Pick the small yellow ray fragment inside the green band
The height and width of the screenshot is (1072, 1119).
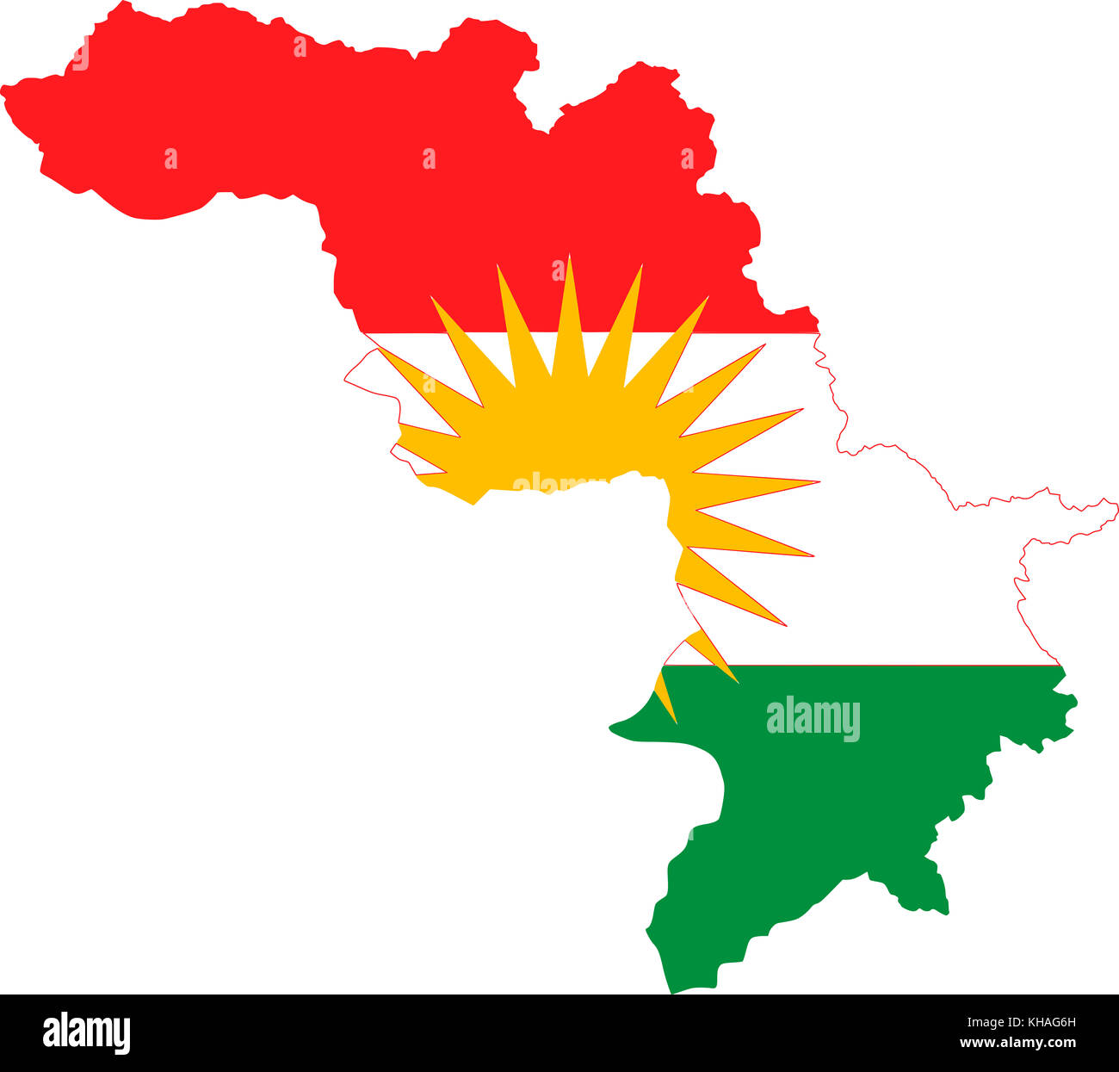(x=665, y=693)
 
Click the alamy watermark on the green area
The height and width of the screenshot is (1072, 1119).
(x=813, y=719)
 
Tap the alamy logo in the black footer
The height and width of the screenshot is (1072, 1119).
(x=87, y=1032)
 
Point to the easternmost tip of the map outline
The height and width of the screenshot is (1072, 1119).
(x=1116, y=508)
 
